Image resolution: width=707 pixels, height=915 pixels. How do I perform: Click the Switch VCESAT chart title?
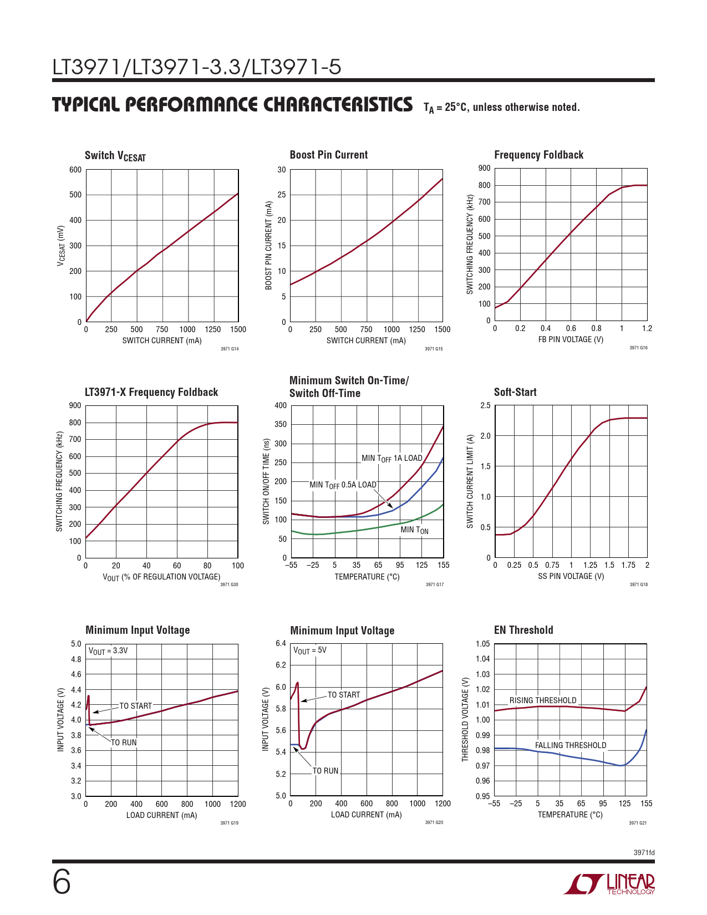pyautogui.click(x=115, y=156)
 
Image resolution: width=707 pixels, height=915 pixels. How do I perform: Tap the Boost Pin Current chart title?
pyautogui.click(x=328, y=155)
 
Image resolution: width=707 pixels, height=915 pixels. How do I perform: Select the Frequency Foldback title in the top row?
pyautogui.click(x=538, y=155)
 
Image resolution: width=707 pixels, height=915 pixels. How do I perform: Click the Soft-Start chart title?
pyautogui.click(x=515, y=393)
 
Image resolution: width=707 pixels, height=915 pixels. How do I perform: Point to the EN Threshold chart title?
pyautogui.click(x=523, y=631)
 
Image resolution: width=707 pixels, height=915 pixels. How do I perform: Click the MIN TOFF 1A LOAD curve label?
pyautogui.click(x=391, y=459)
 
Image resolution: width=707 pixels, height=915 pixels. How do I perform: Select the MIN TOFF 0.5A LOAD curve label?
pyautogui.click(x=343, y=485)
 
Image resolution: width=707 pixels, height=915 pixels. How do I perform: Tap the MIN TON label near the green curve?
pyautogui.click(x=414, y=530)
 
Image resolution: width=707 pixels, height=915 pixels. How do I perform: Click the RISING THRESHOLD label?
pyautogui.click(x=543, y=701)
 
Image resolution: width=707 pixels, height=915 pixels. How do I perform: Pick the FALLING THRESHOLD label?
pyautogui.click(x=571, y=746)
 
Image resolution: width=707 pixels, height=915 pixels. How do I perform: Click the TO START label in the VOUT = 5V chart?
pyautogui.click(x=344, y=695)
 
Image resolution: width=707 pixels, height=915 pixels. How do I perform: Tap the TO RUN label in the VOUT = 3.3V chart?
pyautogui.click(x=124, y=743)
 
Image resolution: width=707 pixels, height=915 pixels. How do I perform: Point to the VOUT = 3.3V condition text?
pyautogui.click(x=108, y=651)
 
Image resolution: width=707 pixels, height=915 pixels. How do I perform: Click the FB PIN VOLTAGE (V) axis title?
pyautogui.click(x=571, y=339)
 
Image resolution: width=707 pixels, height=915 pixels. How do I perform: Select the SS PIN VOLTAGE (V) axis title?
pyautogui.click(x=571, y=577)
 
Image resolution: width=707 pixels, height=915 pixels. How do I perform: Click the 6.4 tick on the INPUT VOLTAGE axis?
pyautogui.click(x=281, y=644)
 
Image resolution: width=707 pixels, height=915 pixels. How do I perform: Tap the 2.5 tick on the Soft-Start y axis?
pyautogui.click(x=485, y=406)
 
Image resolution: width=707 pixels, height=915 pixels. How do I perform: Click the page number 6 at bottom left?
pyautogui.click(x=62, y=882)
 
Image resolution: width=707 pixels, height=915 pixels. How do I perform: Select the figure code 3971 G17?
pyautogui.click(x=434, y=585)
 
